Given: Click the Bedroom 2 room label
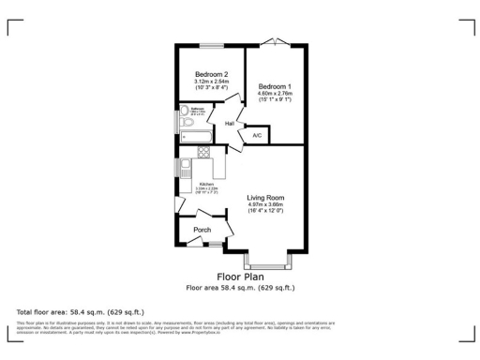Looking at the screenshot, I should coord(211,74).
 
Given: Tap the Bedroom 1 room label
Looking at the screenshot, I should coord(275,86).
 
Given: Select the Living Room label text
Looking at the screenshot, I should coord(265,197).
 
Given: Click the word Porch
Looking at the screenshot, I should coord(202,230).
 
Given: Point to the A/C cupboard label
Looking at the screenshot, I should coord(257,136).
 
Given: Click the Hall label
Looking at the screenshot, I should coord(229,123).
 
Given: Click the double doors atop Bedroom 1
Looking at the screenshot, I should coord(274,40).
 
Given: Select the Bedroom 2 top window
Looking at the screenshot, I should coord(211,44).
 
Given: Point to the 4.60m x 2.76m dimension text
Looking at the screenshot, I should coord(275,94).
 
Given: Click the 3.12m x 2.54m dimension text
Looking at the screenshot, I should coord(211,82).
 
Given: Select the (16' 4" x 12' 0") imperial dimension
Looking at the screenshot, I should coord(265,211).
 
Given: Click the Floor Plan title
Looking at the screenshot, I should coord(240,277).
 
